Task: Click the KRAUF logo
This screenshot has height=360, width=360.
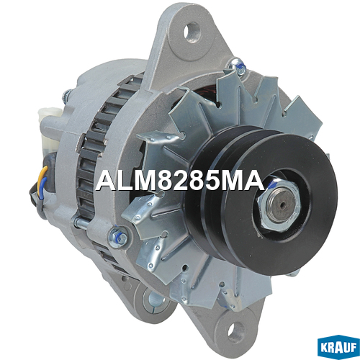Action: click(338, 347)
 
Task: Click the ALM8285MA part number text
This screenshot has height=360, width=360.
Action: click(179, 181)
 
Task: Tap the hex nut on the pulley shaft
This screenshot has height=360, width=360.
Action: click(279, 204)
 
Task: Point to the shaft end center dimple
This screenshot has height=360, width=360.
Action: click(284, 204)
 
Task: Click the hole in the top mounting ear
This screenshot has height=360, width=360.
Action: click(192, 32)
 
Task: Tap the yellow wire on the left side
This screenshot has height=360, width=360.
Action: click(43, 174)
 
